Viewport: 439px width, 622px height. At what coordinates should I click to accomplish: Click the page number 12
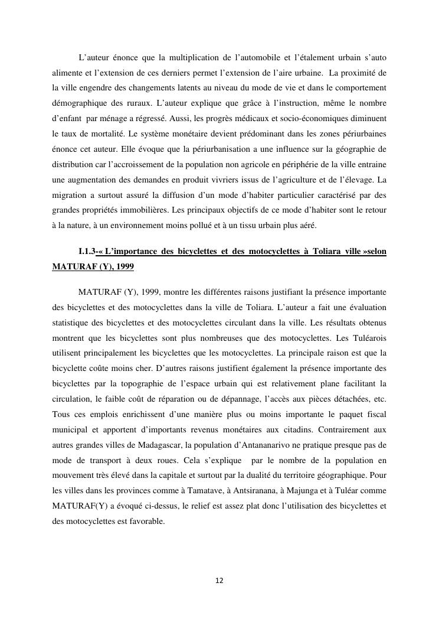[219, 581]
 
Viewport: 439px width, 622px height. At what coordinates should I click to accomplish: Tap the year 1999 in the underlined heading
[125, 266]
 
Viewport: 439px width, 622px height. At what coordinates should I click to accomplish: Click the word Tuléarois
[366, 338]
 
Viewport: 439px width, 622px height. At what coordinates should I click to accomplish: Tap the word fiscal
[374, 415]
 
